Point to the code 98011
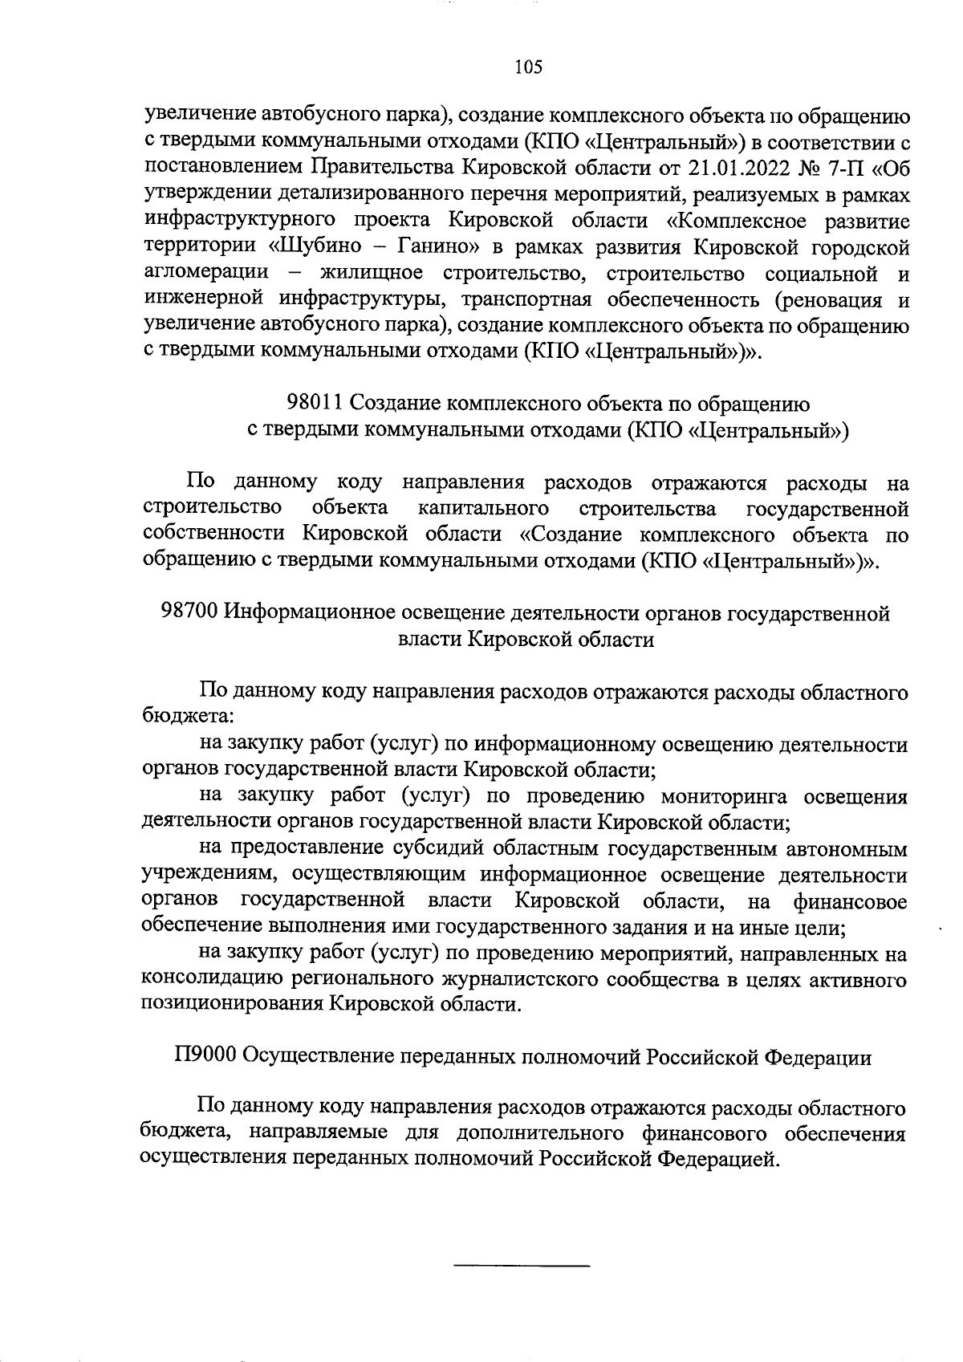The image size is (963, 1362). coord(315,403)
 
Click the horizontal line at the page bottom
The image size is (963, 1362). coord(522,1266)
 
